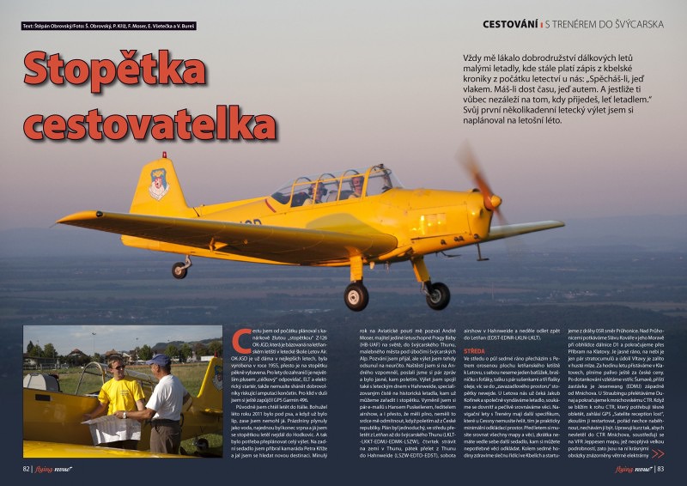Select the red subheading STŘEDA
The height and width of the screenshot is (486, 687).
pos(477,350)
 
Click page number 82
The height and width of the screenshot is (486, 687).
pos(28,469)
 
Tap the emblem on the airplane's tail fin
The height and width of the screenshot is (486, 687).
pos(159,183)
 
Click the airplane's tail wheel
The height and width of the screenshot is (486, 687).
pos(179,270)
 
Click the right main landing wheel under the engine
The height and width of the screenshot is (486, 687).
pos(437,295)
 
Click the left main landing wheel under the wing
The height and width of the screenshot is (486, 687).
pos(356,296)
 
